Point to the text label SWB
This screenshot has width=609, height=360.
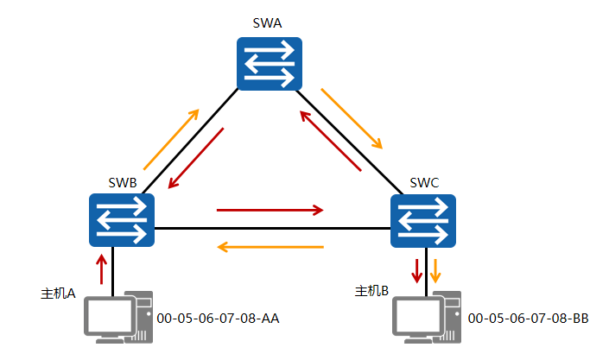[123, 182]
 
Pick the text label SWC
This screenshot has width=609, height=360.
[424, 182]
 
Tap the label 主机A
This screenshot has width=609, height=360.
[58, 294]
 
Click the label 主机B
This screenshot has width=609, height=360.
[372, 291]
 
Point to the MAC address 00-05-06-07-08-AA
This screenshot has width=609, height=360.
[219, 319]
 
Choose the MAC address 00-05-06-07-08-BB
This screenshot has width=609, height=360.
[528, 319]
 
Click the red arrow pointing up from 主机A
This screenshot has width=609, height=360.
[101, 268]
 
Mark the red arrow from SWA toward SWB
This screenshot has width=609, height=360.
[196, 159]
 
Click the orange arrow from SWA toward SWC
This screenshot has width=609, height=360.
[352, 117]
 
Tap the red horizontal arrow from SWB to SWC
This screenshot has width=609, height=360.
[270, 209]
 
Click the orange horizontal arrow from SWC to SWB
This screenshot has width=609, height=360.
[270, 248]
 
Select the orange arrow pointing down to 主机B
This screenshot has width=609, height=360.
[436, 269]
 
